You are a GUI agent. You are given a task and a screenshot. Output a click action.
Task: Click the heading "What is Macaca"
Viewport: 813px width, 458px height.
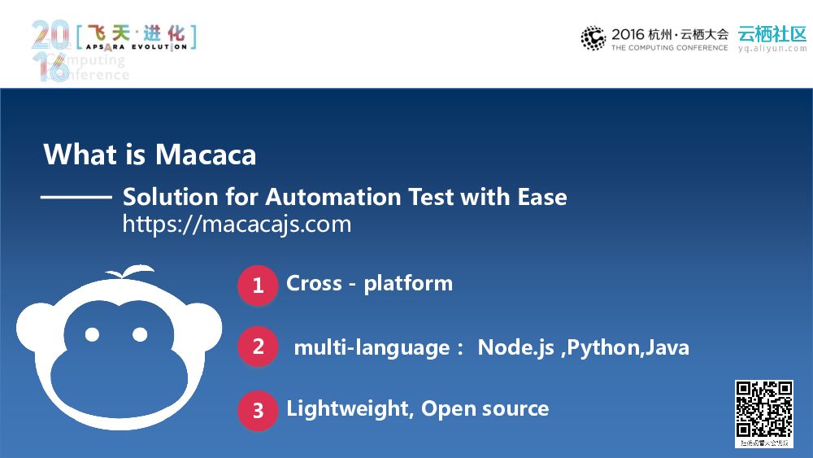pos(150,154)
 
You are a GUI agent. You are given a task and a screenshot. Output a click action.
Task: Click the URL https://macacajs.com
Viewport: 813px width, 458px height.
pos(237,225)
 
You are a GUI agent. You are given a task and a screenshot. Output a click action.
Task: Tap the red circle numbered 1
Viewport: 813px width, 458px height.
pos(258,286)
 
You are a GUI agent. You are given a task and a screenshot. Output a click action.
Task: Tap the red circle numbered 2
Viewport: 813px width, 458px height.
pos(258,347)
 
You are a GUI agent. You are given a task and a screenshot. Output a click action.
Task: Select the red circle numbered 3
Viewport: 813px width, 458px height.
pos(258,410)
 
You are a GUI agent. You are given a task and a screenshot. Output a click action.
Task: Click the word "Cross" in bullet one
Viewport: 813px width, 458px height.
pos(314,283)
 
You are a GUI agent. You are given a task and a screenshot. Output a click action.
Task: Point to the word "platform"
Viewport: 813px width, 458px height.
pos(408,284)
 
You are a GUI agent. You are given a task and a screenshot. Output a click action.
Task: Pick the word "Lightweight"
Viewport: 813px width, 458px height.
pos(349,408)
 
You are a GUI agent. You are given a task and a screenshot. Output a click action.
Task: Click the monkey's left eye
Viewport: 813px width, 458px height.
pos(92,334)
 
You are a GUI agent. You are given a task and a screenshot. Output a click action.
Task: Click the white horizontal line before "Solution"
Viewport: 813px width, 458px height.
pos(76,197)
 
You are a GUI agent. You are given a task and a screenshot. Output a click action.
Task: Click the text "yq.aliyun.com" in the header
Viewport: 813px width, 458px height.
pos(772,49)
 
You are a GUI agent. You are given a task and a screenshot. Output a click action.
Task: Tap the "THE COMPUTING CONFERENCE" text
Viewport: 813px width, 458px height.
pos(669,48)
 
